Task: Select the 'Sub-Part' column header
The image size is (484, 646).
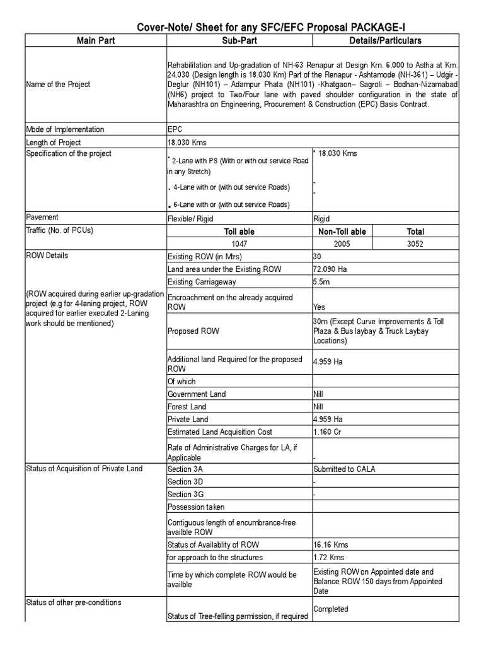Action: click(239, 40)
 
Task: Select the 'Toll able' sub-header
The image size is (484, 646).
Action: click(239, 232)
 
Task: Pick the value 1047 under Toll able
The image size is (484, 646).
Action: click(239, 244)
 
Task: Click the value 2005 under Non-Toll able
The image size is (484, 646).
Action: click(341, 244)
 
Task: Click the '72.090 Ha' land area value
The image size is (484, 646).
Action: click(328, 269)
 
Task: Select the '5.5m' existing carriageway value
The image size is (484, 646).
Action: click(321, 282)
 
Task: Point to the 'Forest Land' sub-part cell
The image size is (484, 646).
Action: click(187, 407)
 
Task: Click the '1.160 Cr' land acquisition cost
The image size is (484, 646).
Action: click(327, 432)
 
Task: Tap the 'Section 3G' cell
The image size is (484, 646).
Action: click(185, 494)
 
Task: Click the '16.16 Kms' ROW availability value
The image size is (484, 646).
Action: click(330, 544)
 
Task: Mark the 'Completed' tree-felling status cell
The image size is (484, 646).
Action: click(331, 609)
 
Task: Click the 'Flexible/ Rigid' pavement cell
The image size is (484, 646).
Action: click(190, 218)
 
